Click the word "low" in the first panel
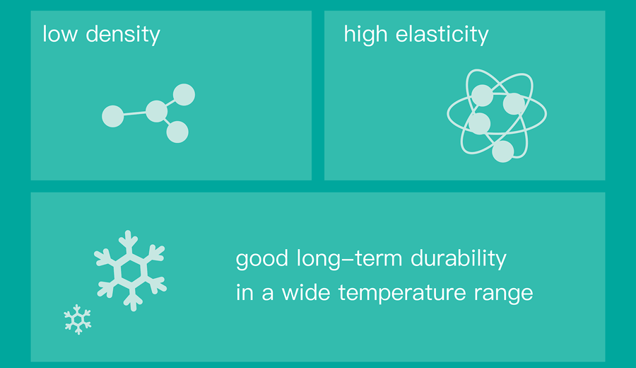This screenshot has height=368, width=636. (x=60, y=34)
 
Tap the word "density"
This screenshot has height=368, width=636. (x=123, y=35)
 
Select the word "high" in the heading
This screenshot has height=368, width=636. (x=365, y=35)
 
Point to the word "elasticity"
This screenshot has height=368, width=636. (x=442, y=35)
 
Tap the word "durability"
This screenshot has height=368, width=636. (x=459, y=260)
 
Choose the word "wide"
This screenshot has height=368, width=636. (x=306, y=292)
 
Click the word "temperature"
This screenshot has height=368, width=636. (x=402, y=294)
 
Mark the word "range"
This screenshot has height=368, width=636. (x=504, y=295)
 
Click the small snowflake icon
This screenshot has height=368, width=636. (x=78, y=320)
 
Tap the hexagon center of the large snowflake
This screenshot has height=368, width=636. (x=130, y=270)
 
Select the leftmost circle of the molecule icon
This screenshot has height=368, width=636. (x=113, y=116)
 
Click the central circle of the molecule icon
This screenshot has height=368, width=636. (x=157, y=111)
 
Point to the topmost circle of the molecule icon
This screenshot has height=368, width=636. (x=184, y=95)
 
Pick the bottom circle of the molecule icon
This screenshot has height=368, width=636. (x=177, y=132)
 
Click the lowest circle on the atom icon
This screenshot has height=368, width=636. (x=503, y=151)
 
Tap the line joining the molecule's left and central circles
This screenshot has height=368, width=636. (x=135, y=114)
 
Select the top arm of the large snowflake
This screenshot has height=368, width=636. (x=129, y=243)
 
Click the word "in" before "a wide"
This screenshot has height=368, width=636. (x=245, y=292)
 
